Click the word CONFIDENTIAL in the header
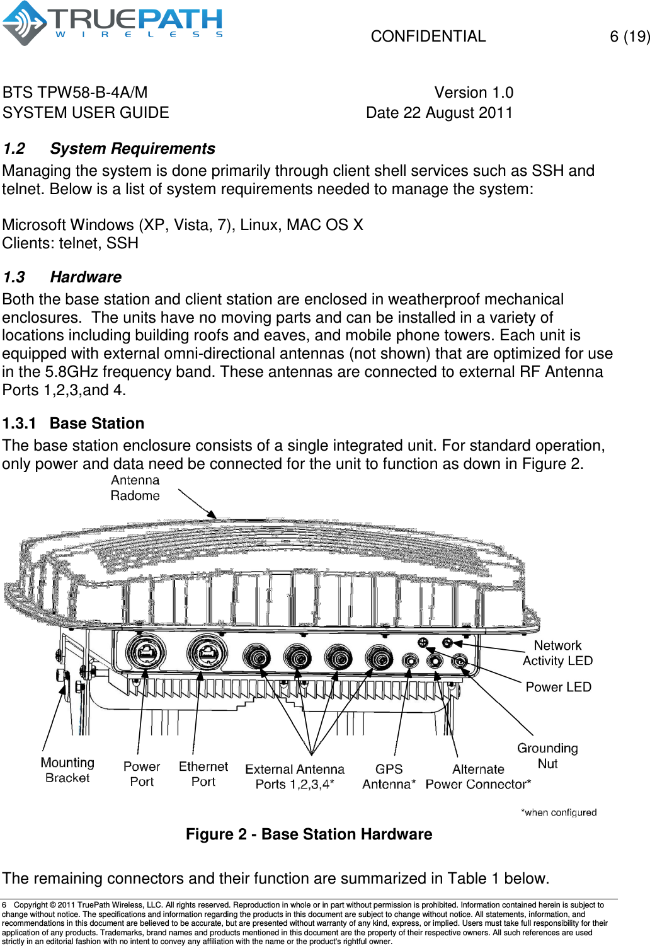tap(428, 37)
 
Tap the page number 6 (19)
tap(629, 37)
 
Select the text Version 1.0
tap(474, 93)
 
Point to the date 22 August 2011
tap(439, 113)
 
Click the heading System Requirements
tap(132, 149)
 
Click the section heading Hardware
tap(86, 277)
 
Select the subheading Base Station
tap(97, 424)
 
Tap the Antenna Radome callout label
tap(135, 488)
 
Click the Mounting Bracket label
tap(67, 770)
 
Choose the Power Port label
tap(142, 774)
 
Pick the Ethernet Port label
tap(203, 774)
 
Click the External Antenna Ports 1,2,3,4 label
tap(295, 776)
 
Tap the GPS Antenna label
tap(389, 776)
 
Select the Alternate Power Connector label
tap(478, 776)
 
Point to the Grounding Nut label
tap(547, 756)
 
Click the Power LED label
tap(558, 687)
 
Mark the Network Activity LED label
tap(557, 653)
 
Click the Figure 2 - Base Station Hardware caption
tap(309, 834)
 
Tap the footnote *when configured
tap(558, 812)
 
